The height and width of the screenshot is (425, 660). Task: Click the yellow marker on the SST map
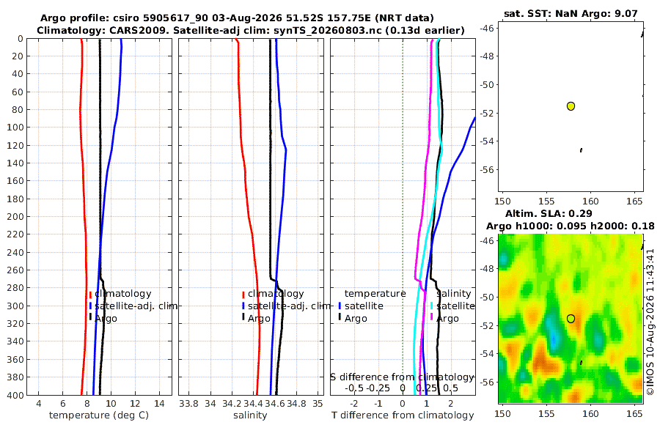coord(571,106)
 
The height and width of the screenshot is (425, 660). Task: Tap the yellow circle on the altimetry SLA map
coord(571,319)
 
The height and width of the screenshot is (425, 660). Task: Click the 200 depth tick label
coord(15,216)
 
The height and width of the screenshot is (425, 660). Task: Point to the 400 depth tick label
coord(15,395)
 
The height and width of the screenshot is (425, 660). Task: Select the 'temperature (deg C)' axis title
coord(99,415)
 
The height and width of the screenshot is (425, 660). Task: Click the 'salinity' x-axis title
coord(250,415)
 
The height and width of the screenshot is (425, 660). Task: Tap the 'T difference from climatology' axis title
coord(403,415)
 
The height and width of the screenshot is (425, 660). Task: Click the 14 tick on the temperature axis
coord(159,403)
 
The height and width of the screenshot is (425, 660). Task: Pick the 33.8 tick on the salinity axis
coord(188,403)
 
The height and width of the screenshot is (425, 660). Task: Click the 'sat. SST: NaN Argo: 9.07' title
coord(571,13)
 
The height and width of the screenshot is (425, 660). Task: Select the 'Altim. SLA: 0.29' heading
coord(549,213)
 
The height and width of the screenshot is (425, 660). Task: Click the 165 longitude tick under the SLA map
coord(634,413)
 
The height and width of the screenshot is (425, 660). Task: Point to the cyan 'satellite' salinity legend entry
coord(452,306)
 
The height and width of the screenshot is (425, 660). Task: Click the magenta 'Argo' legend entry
coord(444,318)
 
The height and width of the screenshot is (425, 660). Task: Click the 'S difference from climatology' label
coord(402,377)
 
